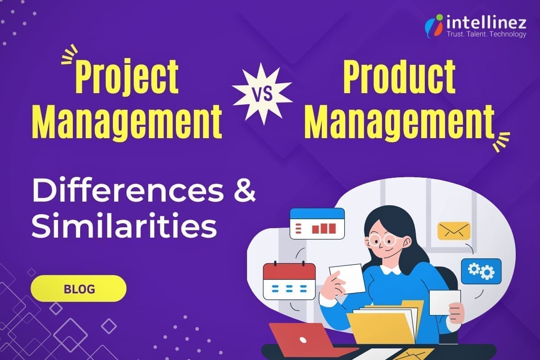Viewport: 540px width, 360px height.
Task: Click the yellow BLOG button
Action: coord(79,288)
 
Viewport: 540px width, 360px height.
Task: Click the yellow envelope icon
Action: coord(454,231)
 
